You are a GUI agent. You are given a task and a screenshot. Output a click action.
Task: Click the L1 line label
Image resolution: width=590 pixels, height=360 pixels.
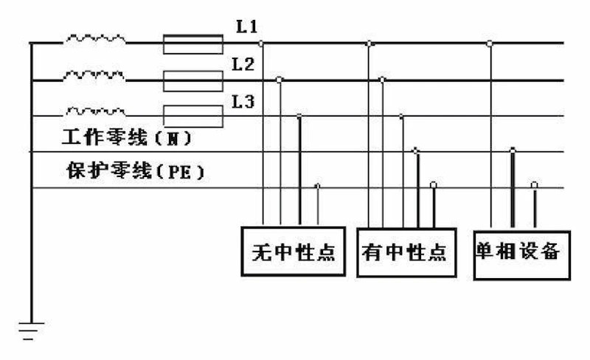pos(246,28)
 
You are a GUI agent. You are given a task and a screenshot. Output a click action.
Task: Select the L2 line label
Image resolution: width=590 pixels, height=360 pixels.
pos(243,64)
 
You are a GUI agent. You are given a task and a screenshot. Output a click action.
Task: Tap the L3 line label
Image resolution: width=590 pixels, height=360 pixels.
pos(243,102)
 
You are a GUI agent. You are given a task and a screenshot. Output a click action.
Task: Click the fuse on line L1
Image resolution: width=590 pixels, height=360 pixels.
pos(192,44)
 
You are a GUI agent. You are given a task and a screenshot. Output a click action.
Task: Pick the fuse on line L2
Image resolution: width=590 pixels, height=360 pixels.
pos(192,80)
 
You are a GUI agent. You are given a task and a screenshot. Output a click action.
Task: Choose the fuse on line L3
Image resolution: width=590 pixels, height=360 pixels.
pos(192,116)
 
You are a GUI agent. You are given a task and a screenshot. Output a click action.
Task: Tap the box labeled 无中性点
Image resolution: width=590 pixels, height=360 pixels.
pos(294,252)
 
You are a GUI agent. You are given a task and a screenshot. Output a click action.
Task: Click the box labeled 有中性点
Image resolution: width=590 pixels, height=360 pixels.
pos(405,253)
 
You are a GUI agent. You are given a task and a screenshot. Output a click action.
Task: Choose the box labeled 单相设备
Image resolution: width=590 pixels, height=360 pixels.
pos(522,252)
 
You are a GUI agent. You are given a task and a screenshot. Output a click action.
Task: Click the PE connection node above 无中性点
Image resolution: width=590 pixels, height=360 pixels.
pos(318,185)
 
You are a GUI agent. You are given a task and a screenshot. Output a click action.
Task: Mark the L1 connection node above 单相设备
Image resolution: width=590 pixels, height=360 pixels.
pos(490,44)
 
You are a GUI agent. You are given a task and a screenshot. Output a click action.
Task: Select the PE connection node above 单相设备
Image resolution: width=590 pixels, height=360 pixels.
pos(535,184)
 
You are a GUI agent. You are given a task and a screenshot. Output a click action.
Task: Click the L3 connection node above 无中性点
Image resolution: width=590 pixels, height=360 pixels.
pos(299,117)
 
